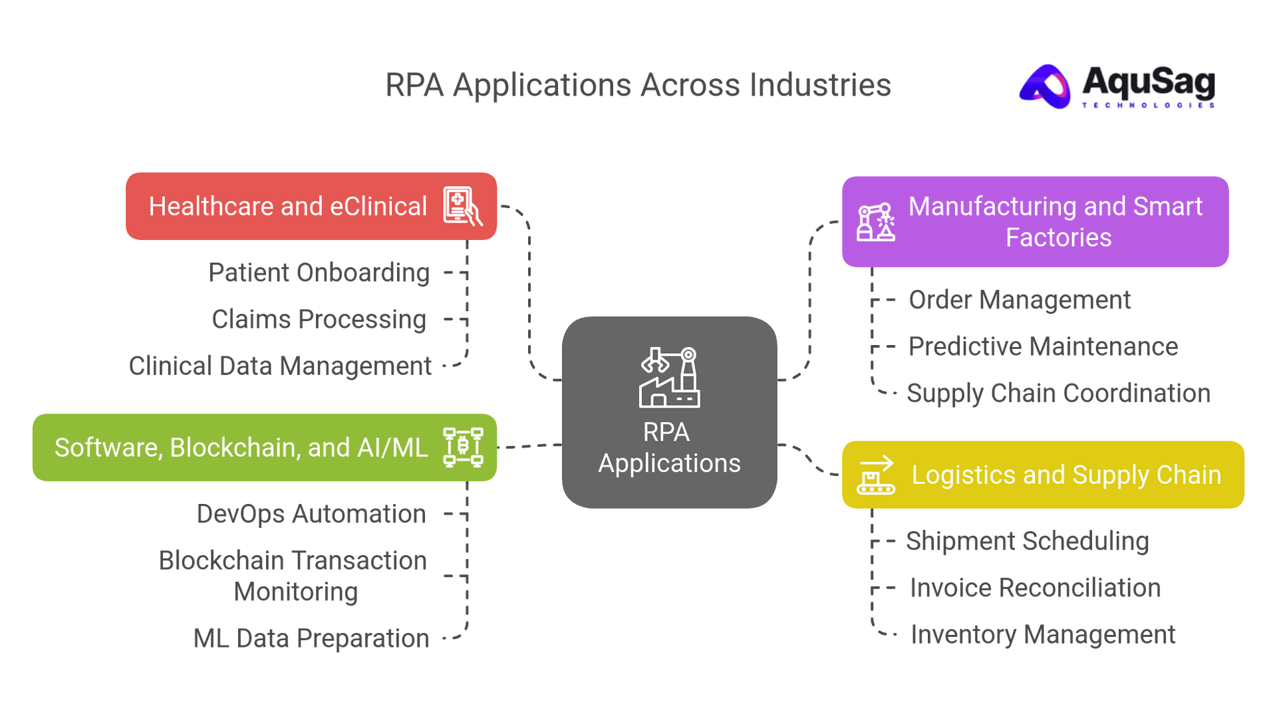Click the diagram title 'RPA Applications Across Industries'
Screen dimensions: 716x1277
click(x=638, y=86)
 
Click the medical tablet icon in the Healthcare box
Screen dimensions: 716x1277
click(x=462, y=206)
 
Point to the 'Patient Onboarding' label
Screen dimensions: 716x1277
click(x=319, y=273)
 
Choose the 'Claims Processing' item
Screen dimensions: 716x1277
click(x=319, y=319)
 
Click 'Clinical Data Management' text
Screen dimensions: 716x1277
click(x=280, y=366)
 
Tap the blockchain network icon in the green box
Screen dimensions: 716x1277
click(x=463, y=447)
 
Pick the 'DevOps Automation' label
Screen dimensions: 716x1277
click(x=311, y=514)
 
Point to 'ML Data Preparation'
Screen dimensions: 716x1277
click(x=311, y=638)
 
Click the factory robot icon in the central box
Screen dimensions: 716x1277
click(x=669, y=377)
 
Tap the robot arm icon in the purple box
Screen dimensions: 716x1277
click(x=875, y=222)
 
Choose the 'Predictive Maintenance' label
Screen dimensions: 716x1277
click(x=1043, y=346)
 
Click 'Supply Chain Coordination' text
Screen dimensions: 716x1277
click(x=1059, y=394)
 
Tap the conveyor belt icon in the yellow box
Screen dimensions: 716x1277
click(x=875, y=475)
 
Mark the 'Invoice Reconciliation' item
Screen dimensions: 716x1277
click(x=1035, y=588)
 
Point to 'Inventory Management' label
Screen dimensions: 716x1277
click(x=1043, y=635)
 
